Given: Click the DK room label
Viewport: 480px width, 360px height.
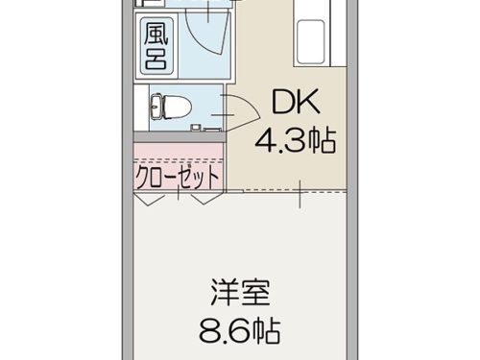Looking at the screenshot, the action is [x=296, y=102].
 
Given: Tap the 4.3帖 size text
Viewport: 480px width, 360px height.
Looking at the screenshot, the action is [x=296, y=140].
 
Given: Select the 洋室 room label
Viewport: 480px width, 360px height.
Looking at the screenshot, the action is [x=241, y=292].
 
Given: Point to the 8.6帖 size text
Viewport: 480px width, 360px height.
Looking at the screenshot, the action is [x=240, y=330].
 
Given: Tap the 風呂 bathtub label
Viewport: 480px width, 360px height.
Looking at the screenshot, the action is [x=156, y=46].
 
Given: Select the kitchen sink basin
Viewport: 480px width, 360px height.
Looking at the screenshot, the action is [x=310, y=42].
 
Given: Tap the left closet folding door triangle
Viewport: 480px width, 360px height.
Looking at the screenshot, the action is [x=149, y=199].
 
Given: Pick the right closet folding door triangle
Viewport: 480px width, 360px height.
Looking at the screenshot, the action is [x=206, y=199].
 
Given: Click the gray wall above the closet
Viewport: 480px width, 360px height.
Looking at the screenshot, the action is [x=180, y=136].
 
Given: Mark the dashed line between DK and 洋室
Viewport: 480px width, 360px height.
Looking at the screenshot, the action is [x=295, y=192].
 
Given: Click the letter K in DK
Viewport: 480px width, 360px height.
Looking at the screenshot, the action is [x=308, y=102].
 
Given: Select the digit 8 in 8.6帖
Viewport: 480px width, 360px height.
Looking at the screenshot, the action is [x=208, y=330].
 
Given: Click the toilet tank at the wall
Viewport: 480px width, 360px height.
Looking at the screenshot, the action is [x=156, y=107].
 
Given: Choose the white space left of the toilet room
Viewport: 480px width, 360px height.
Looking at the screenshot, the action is [x=141, y=108].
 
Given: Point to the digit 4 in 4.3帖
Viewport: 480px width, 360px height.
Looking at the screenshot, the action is [x=265, y=140].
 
